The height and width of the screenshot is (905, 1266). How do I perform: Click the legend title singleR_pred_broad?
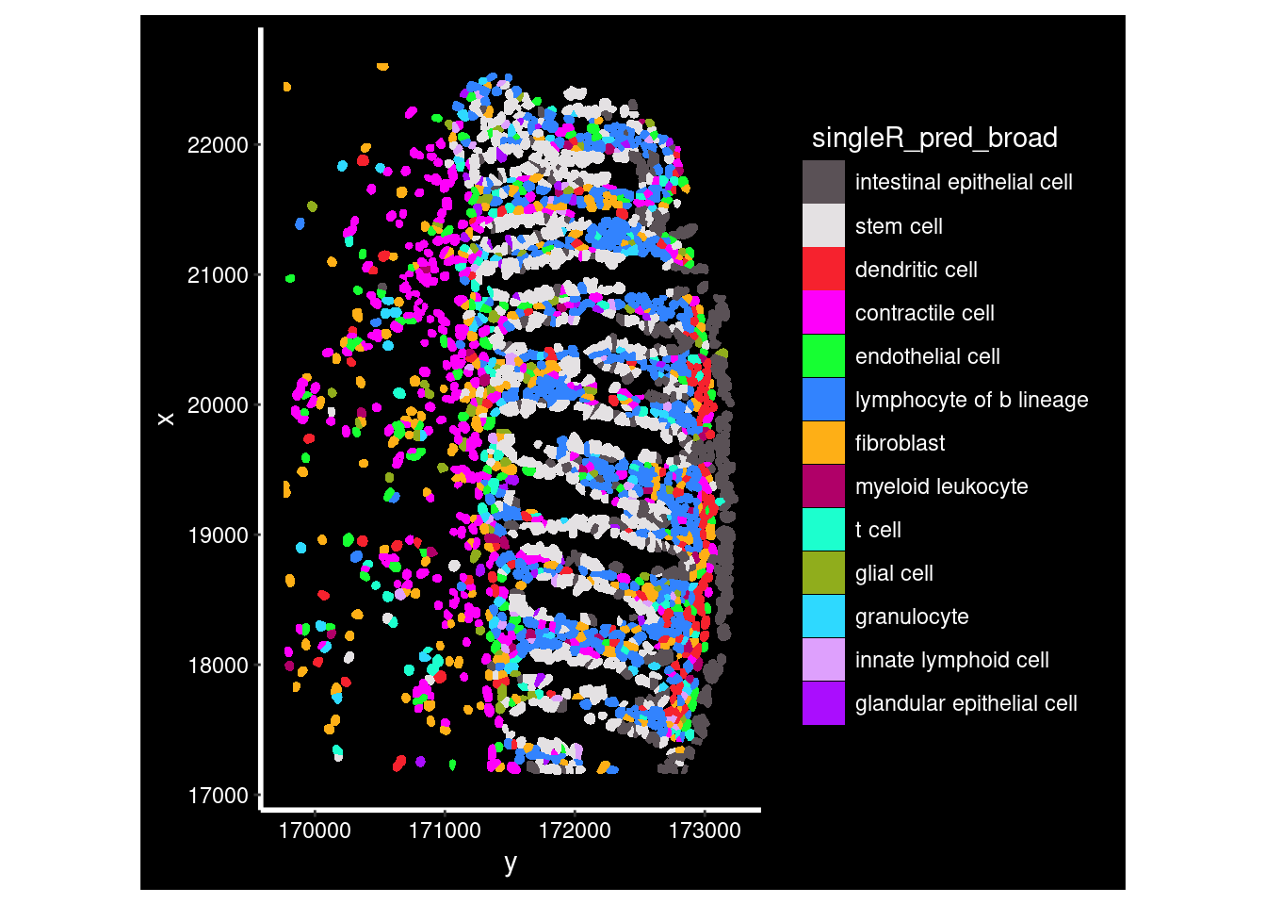(934, 138)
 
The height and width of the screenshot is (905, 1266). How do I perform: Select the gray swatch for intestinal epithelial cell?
(823, 182)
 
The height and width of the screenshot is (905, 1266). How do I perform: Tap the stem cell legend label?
(899, 226)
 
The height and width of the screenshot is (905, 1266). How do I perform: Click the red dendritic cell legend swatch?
(823, 269)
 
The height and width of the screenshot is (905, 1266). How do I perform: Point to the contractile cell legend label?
(924, 313)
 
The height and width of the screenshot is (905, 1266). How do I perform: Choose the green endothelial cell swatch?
(823, 355)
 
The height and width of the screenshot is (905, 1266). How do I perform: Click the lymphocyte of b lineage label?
(971, 400)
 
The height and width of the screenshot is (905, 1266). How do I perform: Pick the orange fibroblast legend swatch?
(823, 442)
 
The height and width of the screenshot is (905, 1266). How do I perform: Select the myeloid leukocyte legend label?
(941, 486)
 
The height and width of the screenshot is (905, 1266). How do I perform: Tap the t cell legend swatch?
(823, 529)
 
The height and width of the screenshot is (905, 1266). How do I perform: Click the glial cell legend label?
(894, 573)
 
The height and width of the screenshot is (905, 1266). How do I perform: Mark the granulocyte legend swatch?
(823, 616)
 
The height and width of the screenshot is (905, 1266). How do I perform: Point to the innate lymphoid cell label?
(951, 660)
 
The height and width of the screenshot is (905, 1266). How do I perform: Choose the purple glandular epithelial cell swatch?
(823, 702)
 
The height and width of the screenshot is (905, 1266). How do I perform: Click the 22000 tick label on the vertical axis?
(218, 145)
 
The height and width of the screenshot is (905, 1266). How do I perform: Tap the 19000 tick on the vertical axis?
(218, 535)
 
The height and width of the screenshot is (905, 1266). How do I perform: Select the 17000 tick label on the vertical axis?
(218, 796)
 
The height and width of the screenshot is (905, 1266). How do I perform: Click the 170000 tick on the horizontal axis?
(315, 831)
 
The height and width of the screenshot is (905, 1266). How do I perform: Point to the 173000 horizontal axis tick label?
(705, 831)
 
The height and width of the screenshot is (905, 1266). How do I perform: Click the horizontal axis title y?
(511, 863)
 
